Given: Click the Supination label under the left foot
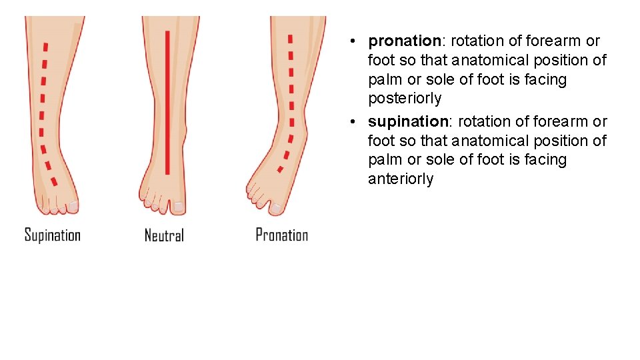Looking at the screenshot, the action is tap(52, 235).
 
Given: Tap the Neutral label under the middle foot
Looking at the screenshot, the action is tap(164, 235).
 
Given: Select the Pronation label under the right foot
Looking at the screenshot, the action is tap(281, 235).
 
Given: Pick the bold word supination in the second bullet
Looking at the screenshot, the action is tap(407, 122).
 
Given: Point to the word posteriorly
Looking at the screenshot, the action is tap(404, 99).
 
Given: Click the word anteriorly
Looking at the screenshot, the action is tap(400, 179).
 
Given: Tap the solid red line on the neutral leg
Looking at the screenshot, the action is tap(167, 100).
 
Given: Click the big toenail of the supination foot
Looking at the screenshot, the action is tap(73, 207).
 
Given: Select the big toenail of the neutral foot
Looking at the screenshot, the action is tap(178, 207).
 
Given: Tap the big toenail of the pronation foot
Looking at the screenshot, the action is tap(275, 208).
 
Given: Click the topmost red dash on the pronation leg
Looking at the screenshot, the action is tap(289, 38).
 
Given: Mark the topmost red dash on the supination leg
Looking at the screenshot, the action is tap(45, 47).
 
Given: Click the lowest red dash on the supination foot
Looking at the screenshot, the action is tap(54, 181).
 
